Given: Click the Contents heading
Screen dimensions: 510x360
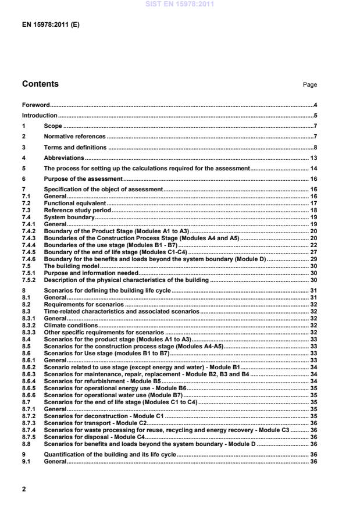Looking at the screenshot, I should pos(40,84).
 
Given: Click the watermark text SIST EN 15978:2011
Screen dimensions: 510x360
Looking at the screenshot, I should pos(180,4).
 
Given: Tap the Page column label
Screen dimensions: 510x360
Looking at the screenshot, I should pos(309,85).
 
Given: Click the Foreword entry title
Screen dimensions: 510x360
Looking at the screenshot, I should pos(35,105).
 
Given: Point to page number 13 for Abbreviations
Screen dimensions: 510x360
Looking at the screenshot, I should pos(312,158).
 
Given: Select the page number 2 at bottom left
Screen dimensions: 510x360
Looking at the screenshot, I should pos(24,489).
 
